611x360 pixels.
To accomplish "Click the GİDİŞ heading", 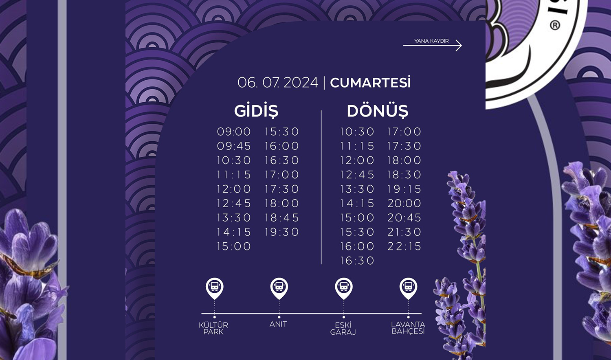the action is click(256, 111).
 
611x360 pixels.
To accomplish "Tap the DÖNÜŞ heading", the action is click(378, 111).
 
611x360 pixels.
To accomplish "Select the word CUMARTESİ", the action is click(370, 83).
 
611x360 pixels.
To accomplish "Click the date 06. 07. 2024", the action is click(278, 83).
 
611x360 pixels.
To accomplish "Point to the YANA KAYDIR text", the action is click(431, 41).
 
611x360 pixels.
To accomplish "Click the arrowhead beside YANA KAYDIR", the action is click(459, 46).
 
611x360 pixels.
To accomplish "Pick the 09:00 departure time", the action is click(234, 132).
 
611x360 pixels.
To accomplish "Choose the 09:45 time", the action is click(234, 146).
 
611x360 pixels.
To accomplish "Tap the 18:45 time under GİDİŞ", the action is click(282, 218).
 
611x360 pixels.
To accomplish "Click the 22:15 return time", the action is click(404, 246).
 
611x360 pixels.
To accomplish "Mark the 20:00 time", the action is click(404, 204).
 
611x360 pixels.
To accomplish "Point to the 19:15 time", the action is click(404, 189).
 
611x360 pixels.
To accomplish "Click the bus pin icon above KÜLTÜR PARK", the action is click(214, 288).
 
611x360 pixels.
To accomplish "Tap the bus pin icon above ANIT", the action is click(279, 288).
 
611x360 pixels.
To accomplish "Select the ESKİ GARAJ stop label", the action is click(343, 329).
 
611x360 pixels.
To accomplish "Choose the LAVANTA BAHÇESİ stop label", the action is click(408, 328).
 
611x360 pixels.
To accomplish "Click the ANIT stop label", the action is click(278, 324).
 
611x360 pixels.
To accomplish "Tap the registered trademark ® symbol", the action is click(555, 25).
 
